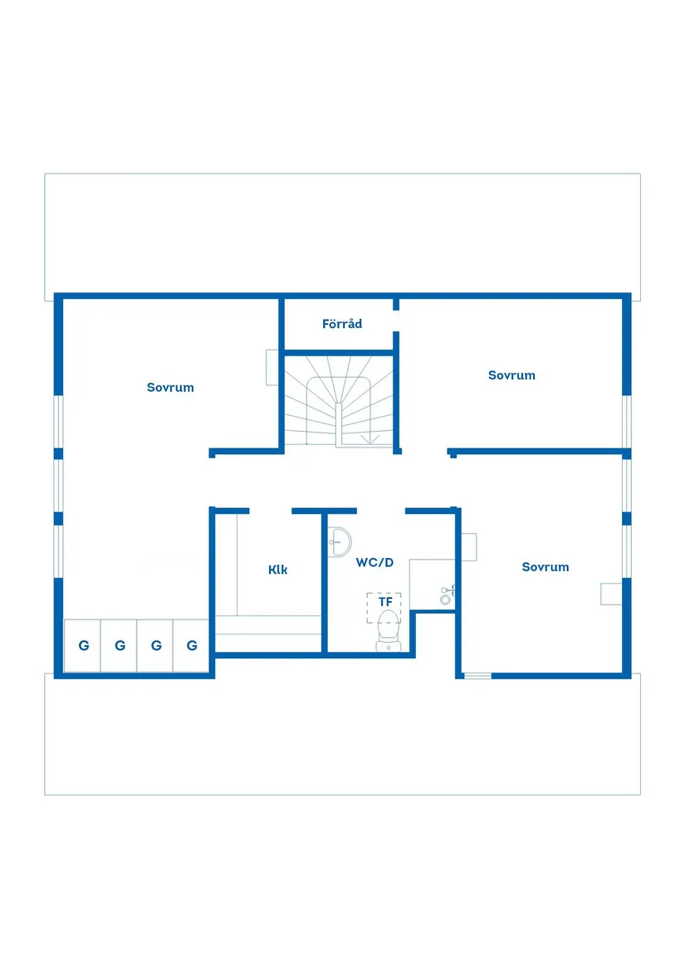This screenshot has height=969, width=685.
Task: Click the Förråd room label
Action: (342, 324)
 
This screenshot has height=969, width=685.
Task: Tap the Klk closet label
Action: (278, 570)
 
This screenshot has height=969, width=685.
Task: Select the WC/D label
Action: (374, 562)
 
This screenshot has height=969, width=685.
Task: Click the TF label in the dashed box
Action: (384, 601)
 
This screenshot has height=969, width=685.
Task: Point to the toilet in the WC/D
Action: (388, 631)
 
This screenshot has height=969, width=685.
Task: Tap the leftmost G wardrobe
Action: (83, 645)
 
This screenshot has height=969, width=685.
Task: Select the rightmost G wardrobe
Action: (192, 645)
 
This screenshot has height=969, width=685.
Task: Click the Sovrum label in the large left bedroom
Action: (170, 387)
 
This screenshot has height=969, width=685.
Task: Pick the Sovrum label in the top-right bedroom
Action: (511, 375)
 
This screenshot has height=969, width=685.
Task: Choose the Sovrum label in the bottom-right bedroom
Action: (546, 567)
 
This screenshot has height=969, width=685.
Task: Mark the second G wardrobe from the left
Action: (120, 645)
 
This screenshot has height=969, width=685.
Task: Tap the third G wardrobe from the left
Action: (156, 645)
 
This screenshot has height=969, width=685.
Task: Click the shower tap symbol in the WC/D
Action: (447, 594)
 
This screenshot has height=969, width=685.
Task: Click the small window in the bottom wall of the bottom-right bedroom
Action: (477, 675)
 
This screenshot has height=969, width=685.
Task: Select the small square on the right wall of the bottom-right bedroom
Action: (612, 593)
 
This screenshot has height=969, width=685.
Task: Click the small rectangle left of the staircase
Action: (272, 368)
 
